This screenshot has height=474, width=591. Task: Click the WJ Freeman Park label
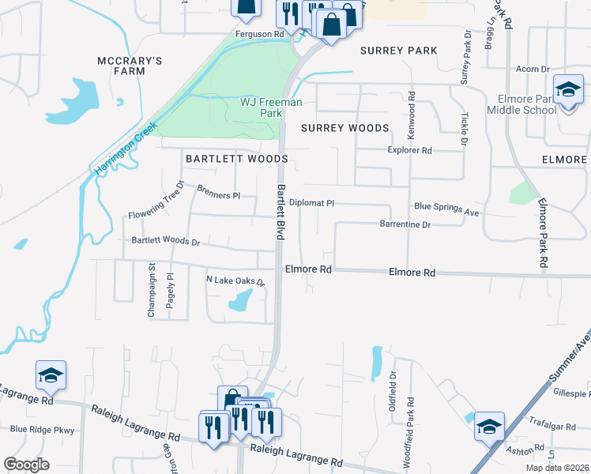pyautogui.click(x=261, y=108)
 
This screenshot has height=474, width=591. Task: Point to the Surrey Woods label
pyautogui.click(x=344, y=128)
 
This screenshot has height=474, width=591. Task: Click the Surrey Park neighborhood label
pyautogui.click(x=398, y=51)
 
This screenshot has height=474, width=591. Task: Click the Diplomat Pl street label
pyautogui.click(x=311, y=203)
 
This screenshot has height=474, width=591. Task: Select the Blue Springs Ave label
pyautogui.click(x=447, y=206)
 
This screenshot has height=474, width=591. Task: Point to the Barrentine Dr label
pyautogui.click(x=405, y=225)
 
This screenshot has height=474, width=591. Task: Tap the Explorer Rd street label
pyautogui.click(x=409, y=150)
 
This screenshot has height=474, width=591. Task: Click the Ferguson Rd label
pyautogui.click(x=259, y=35)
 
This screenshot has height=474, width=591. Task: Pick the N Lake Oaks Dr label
pyautogui.click(x=235, y=280)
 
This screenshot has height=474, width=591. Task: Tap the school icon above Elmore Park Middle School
pyautogui.click(x=567, y=89)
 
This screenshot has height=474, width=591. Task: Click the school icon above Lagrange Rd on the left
pyautogui.click(x=51, y=374)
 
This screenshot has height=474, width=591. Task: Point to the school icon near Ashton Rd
pyautogui.click(x=489, y=426)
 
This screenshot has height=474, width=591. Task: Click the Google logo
pyautogui.click(x=26, y=465)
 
